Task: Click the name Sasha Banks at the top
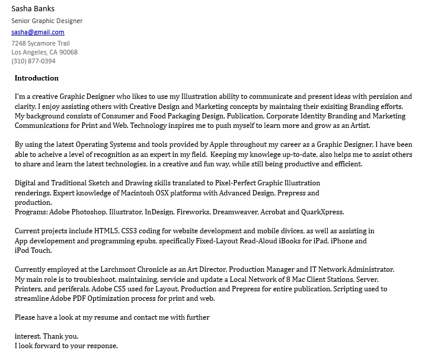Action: coord(33,8)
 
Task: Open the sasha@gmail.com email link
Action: coord(38,32)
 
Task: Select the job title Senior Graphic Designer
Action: coord(47,21)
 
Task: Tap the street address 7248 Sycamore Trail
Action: coord(40,43)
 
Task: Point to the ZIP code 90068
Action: coord(68,52)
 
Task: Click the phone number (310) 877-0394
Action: coord(33,61)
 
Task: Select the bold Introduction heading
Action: coord(37,78)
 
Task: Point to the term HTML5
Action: coord(105,231)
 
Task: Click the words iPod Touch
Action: coord(33,250)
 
